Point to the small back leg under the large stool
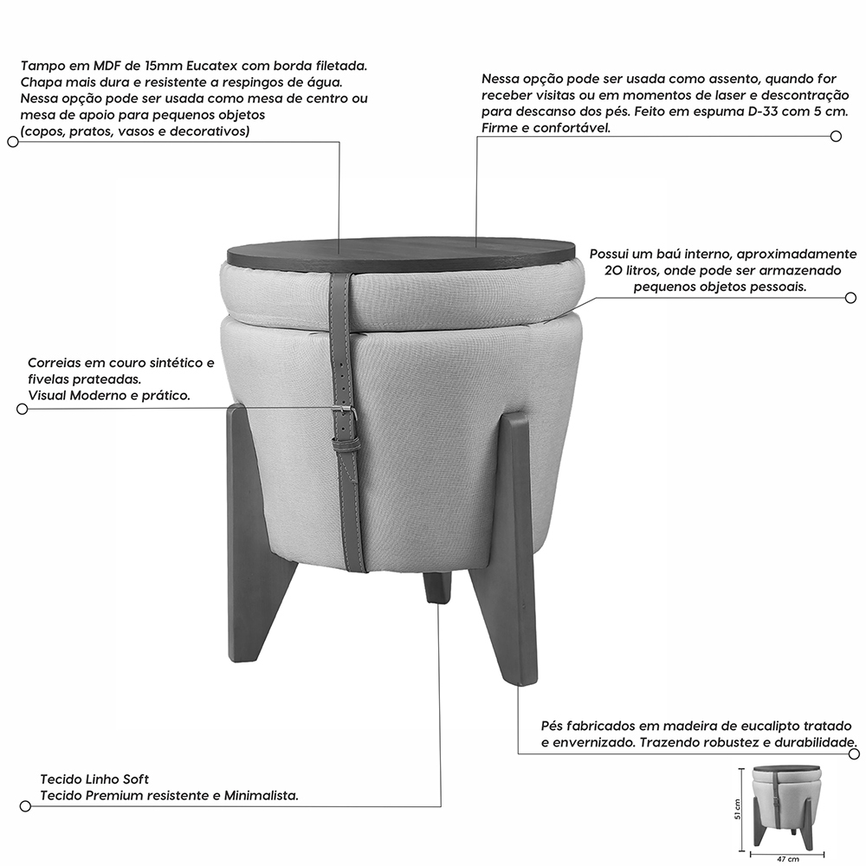tap(436, 587)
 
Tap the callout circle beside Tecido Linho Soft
tap(25, 806)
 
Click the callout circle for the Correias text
tap(23, 410)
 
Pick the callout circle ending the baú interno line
tap(850, 298)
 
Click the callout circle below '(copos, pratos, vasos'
tap(13, 142)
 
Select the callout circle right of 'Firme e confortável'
tap(837, 136)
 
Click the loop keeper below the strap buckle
tap(346, 439)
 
